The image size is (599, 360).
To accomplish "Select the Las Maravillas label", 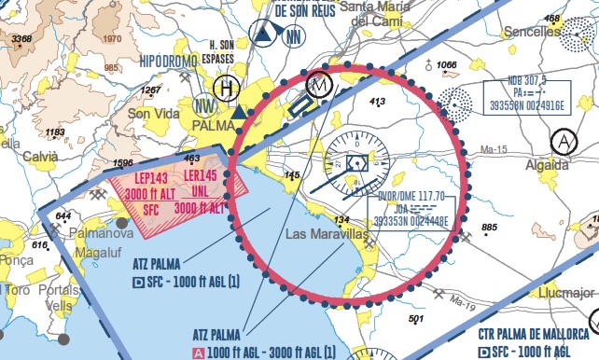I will pyautogui.click(x=323, y=233).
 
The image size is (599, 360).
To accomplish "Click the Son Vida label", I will pyautogui.click(x=151, y=114).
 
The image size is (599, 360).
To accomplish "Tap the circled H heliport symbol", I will pyautogui.click(x=225, y=89).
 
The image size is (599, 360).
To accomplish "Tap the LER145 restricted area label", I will pyautogui.click(x=201, y=177).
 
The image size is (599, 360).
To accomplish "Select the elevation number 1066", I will pyautogui.click(x=447, y=65).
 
